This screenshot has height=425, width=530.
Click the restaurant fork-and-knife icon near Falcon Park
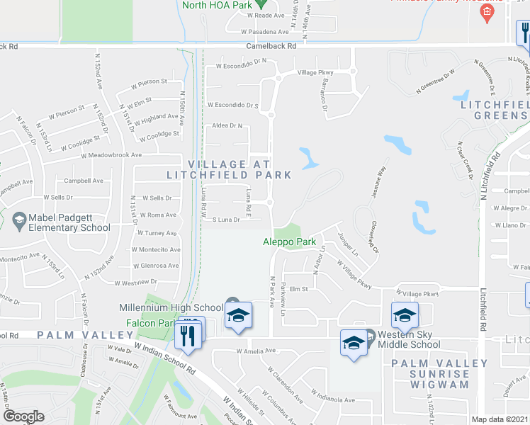pos(188,335)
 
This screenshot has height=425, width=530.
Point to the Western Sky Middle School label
pos(409,339)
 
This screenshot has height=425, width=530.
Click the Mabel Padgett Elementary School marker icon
pos(18,222)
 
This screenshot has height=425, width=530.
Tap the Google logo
pos(23,416)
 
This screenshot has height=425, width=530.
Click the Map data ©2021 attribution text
pos(500,419)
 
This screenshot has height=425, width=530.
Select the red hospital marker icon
pos(486,12)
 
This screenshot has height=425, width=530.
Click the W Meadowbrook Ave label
pos(111,155)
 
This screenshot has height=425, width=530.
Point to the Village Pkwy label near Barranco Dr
pos(315,72)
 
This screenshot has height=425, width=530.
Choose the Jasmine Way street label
pos(376,182)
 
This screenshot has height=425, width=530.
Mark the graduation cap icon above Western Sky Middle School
pos(404,314)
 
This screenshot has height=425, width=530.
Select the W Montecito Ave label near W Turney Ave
pos(158,249)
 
